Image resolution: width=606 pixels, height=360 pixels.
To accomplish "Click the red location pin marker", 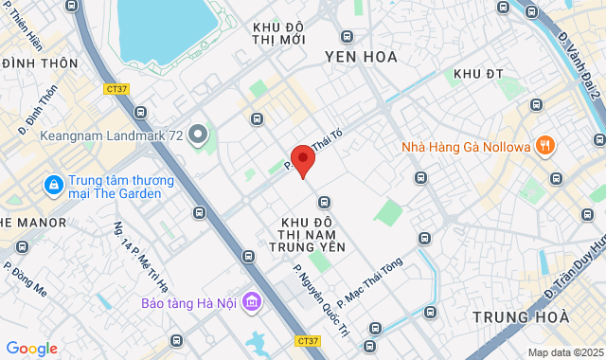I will point(302,160).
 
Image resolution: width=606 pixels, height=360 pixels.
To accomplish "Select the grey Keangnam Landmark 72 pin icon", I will point(198,135).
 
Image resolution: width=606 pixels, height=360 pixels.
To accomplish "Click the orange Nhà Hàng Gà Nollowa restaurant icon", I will point(544,145).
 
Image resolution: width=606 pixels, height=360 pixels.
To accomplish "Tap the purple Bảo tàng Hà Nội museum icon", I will point(251,303).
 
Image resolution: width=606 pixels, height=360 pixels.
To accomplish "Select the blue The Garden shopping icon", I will point(52,183).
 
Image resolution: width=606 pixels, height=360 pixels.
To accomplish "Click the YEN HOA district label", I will point(361,57).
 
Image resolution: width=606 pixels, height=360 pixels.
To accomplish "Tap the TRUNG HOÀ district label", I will point(521,316).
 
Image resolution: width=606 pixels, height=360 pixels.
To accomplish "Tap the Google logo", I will point(31,349).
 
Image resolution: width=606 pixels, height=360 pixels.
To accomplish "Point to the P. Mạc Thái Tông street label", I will point(370,280).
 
